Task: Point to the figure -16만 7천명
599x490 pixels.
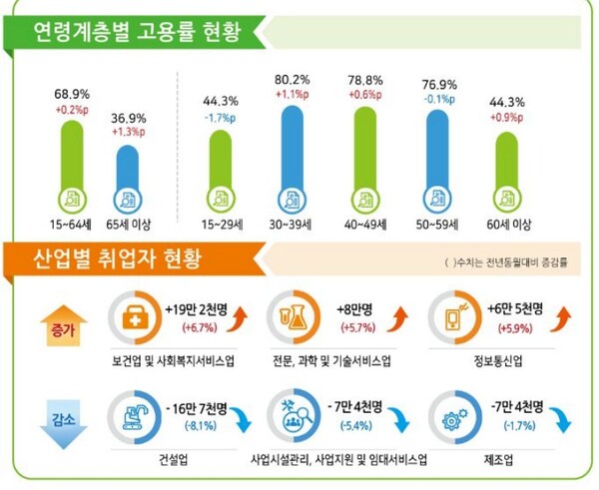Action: (205, 408)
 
